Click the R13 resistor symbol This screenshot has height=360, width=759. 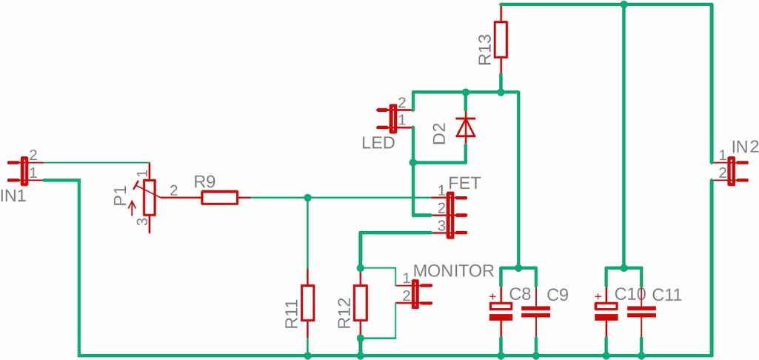tap(501, 40)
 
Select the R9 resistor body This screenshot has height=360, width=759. tap(220, 197)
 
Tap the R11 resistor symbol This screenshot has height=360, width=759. tap(307, 302)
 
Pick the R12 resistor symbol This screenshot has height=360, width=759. tap(361, 302)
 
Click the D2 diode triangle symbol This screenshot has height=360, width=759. tap(465, 127)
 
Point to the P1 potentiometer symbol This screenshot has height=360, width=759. tap(149, 197)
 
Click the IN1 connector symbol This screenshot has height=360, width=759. tap(24, 170)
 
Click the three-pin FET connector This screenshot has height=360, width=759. tap(450, 214)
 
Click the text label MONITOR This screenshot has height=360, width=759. tap(453, 270)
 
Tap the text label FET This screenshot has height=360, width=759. tap(465, 181)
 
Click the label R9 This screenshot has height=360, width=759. tap(205, 181)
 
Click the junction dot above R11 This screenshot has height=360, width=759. tap(307, 197)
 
